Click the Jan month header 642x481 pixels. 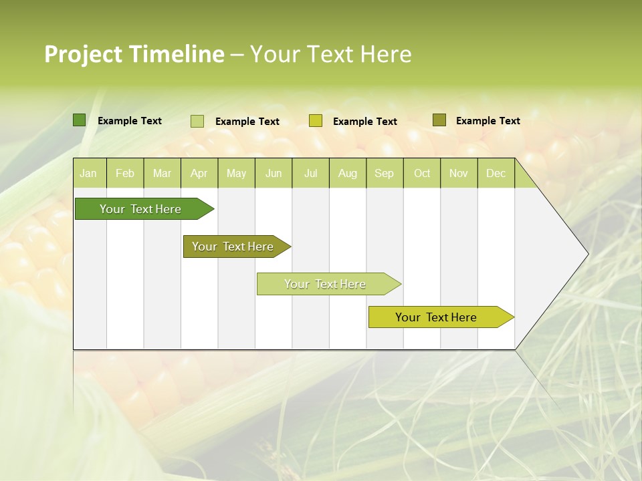click(88, 174)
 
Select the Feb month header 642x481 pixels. click(125, 174)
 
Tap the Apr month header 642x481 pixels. click(199, 174)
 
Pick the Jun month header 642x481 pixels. click(274, 174)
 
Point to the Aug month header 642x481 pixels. click(347, 174)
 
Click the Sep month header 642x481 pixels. click(384, 174)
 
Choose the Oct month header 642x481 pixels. click(422, 174)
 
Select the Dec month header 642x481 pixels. click(496, 174)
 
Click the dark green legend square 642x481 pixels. click(80, 120)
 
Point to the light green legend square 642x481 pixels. click(197, 121)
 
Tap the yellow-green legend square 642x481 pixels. click(316, 121)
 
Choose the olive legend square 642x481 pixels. click(439, 120)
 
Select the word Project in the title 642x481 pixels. click(84, 54)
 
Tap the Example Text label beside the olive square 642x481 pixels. click(488, 121)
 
